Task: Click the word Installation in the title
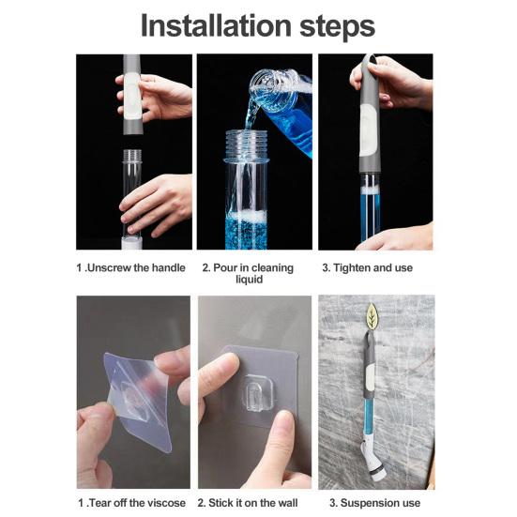(216, 25)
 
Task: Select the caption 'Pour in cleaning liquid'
(249, 273)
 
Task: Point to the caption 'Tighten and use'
(367, 267)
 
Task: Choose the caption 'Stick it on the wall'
(248, 503)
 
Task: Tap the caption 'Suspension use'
(375, 503)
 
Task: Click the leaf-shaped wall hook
(372, 316)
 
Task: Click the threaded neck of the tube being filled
(246, 144)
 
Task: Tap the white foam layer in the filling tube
(247, 217)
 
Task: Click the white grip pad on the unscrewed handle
(132, 98)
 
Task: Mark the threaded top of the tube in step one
(132, 156)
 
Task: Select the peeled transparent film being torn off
(139, 397)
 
